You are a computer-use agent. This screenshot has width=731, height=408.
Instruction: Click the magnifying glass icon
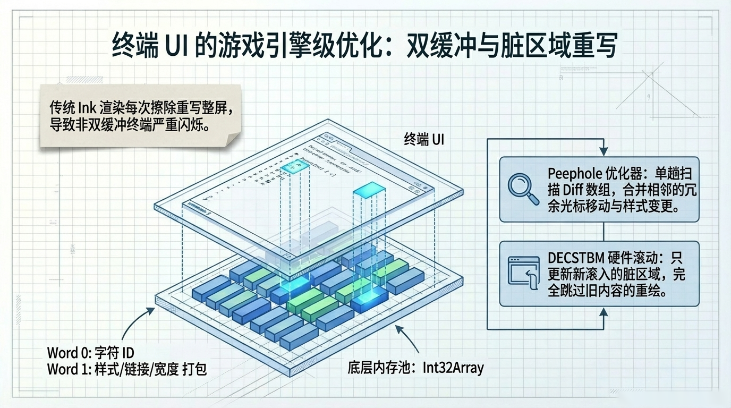(x=523, y=189)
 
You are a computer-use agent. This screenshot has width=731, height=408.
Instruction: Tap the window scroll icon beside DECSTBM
(x=523, y=273)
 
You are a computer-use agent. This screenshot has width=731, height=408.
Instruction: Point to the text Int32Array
(x=453, y=367)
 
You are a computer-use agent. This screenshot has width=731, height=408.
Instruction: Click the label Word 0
(x=67, y=352)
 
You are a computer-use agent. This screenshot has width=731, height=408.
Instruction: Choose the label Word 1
(x=67, y=369)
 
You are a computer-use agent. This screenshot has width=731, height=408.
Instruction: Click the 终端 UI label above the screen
(x=423, y=140)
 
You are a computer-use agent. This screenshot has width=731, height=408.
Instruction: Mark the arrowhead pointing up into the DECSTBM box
(x=603, y=312)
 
